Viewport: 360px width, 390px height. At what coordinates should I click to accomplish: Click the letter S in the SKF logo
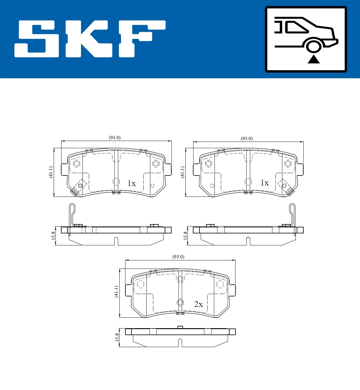point(37,39)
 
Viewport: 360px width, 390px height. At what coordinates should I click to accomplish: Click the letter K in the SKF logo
point(89,39)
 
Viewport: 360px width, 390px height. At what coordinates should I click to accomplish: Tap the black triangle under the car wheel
point(313,59)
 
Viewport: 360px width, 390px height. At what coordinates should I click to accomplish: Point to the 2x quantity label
point(198,304)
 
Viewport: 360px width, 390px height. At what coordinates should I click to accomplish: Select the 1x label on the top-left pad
point(131,183)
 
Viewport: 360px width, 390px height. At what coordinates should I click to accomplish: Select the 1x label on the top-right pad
point(264,183)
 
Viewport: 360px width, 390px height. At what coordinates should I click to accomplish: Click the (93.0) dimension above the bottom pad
point(178,257)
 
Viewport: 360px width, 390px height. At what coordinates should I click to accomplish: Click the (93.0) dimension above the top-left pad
point(115,138)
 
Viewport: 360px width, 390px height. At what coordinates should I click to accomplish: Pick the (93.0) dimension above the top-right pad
point(247,139)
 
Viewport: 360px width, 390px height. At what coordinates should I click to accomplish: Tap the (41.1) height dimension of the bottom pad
point(116,291)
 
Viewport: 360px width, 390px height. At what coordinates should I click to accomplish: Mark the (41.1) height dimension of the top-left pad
point(51,172)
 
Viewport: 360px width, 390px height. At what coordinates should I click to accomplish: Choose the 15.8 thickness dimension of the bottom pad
point(117,337)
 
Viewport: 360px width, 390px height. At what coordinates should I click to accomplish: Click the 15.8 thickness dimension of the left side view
point(53,235)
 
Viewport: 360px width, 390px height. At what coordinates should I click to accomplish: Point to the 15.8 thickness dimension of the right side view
point(185,235)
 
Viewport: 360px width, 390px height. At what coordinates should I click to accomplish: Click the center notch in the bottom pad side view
point(180,343)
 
